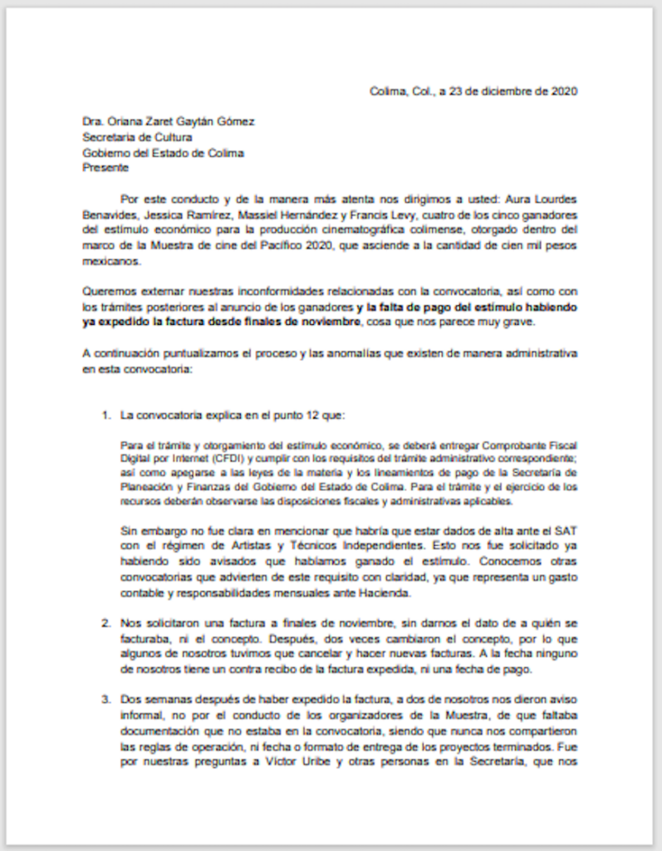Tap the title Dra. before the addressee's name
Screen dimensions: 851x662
pos(92,121)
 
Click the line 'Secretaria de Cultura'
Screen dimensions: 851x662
pos(137,137)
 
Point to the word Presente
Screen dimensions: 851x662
pos(105,168)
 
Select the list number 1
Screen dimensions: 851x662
pos(105,413)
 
